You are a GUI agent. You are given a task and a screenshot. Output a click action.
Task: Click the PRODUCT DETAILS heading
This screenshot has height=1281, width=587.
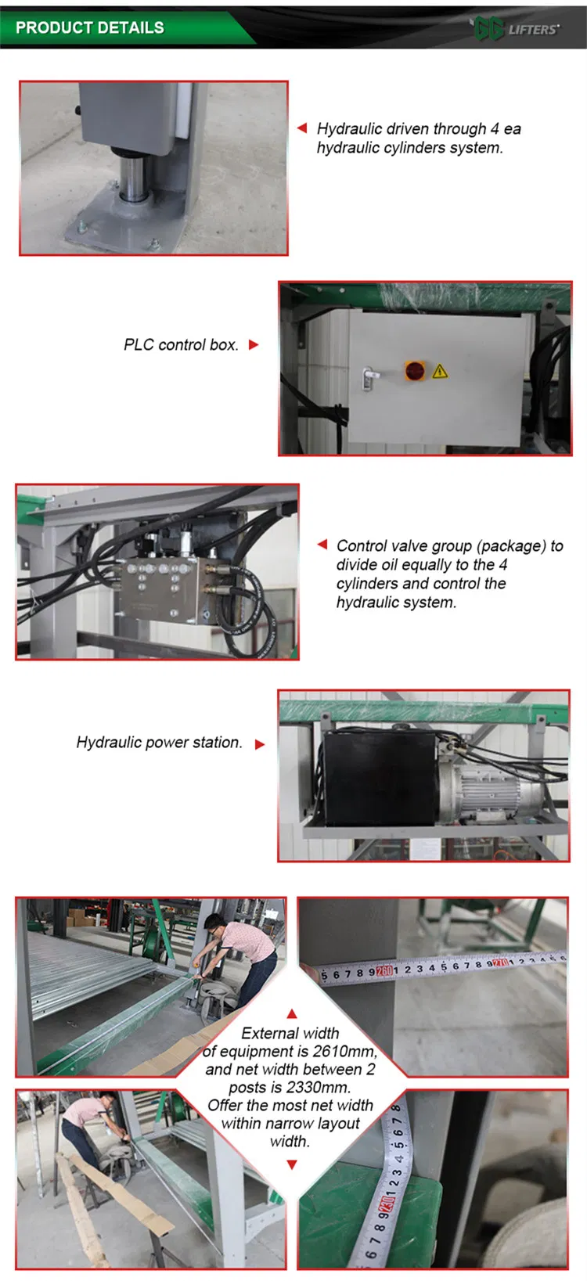[x=90, y=28]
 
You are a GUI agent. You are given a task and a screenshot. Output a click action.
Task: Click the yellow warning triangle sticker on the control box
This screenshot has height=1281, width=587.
[x=440, y=371]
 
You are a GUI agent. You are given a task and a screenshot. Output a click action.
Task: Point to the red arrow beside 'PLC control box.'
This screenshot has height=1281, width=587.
[x=254, y=344]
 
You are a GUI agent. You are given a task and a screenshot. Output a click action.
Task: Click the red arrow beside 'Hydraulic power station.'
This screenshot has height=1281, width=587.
[x=260, y=744]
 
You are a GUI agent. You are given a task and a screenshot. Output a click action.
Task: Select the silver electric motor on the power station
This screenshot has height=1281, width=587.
[x=493, y=791]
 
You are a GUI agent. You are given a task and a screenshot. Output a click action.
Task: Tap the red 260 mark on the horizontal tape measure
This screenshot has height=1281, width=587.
[x=384, y=971]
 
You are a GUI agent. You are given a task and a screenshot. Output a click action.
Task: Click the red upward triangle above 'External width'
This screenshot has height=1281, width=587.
[x=292, y=1013]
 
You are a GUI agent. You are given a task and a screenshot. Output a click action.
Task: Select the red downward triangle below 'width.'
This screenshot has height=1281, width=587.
[x=292, y=1164]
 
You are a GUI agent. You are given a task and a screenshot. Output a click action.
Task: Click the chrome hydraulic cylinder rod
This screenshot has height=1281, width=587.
[x=131, y=171]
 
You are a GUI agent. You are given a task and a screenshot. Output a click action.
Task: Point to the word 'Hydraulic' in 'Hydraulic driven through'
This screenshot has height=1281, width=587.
[x=349, y=129]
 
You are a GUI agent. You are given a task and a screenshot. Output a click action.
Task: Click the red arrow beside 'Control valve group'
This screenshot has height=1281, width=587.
[x=322, y=545]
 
